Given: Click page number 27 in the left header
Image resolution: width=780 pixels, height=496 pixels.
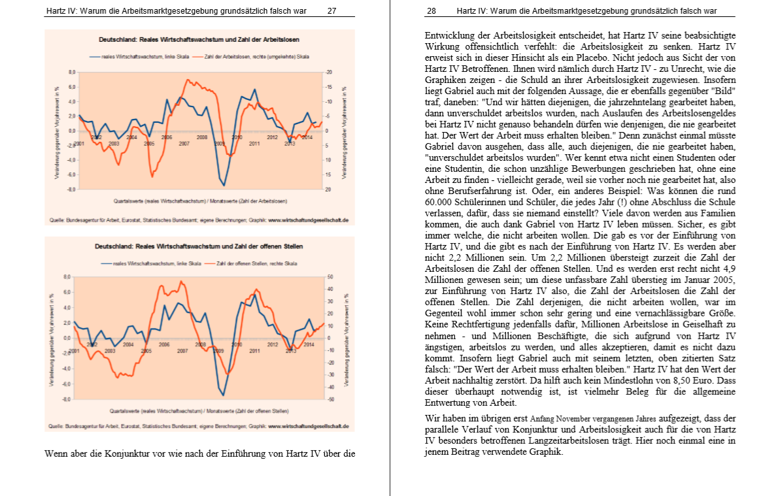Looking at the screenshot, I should pos(332,11).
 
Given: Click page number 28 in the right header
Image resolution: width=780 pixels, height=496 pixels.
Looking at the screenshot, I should pos(432,11).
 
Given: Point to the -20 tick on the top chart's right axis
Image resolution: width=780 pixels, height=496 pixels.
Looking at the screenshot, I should pos(330,72).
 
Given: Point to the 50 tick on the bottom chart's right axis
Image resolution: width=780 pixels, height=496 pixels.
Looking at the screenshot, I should pos(330,277).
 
